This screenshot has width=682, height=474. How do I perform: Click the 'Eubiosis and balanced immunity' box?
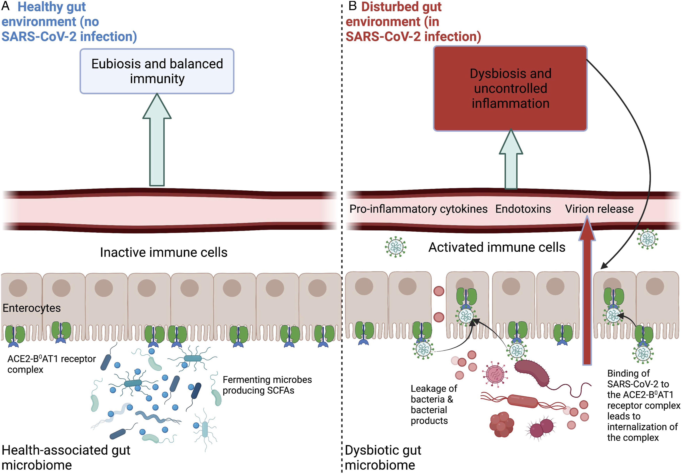click(157, 71)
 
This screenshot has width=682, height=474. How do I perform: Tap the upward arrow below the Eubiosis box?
click(157, 140)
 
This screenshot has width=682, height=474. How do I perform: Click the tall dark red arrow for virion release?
click(587, 291)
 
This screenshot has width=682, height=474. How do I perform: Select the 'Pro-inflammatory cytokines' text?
click(418, 209)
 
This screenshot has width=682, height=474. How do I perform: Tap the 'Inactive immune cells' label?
click(164, 252)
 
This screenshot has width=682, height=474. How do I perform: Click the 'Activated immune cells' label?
click(497, 247)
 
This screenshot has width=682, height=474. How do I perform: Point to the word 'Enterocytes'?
click(31, 308)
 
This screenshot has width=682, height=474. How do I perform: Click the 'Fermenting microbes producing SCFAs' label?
click(267, 385)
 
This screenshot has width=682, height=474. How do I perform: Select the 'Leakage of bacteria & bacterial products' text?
click(434, 405)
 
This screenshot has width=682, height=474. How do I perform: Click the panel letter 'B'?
click(352, 6)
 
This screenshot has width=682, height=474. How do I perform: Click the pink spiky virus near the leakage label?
click(495, 374)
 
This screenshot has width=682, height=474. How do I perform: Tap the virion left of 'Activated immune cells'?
click(395, 247)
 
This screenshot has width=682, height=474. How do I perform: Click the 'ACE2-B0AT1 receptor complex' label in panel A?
click(51, 364)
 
